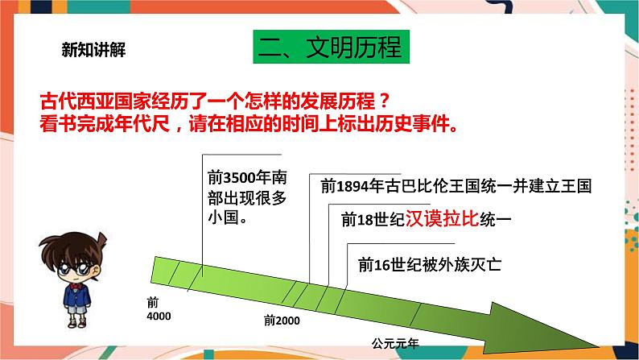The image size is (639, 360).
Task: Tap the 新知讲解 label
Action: click(93, 49)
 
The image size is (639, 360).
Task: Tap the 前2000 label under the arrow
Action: click(281, 321)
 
